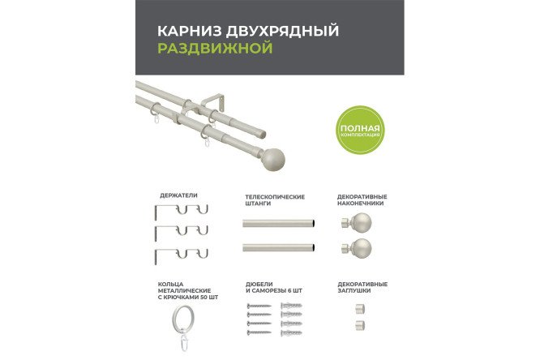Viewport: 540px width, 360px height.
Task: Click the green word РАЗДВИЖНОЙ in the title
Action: [214, 49]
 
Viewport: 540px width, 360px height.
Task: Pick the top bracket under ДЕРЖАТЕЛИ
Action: [180, 213]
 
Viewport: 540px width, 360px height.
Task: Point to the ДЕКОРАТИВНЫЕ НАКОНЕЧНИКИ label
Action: [362, 199]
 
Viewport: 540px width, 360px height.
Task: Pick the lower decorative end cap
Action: [359, 326]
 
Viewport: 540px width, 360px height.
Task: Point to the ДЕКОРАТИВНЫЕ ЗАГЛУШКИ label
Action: [362, 288]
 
